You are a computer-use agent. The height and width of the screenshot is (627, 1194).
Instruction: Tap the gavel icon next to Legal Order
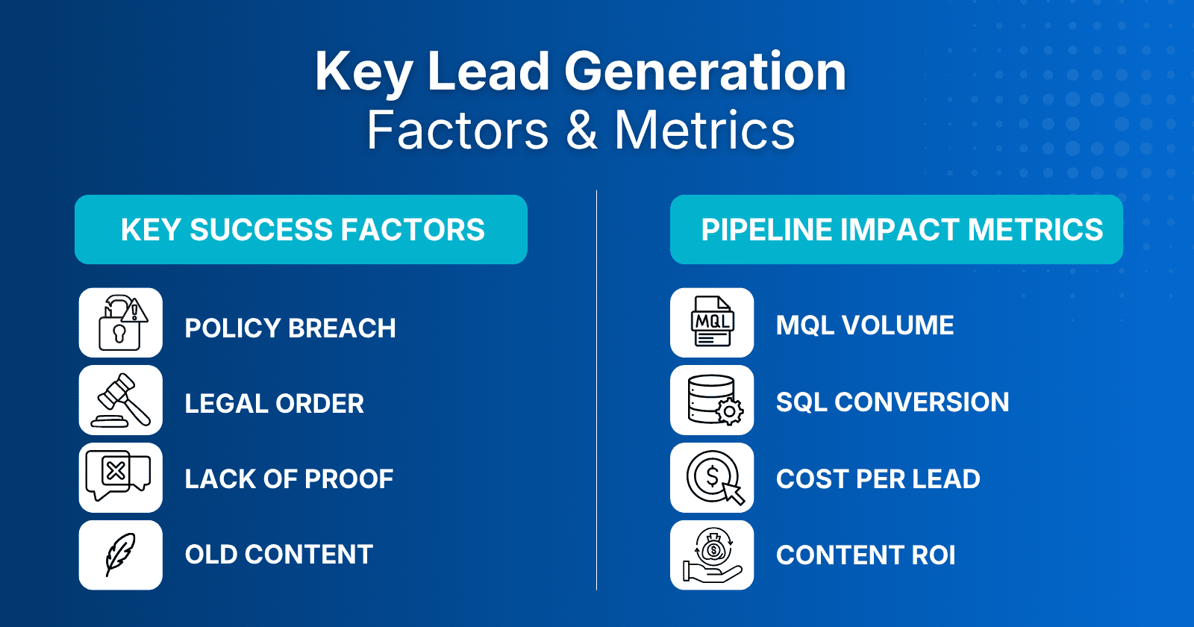[x=120, y=400]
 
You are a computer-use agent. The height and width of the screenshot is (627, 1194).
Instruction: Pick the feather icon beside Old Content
[x=120, y=555]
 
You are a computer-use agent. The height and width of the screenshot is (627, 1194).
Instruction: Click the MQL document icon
[x=712, y=322]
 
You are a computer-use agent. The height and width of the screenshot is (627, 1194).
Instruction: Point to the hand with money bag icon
[x=712, y=555]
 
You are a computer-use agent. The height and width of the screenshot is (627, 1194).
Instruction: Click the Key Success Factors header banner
[x=301, y=229]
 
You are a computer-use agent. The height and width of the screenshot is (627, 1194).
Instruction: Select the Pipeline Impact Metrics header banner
[x=896, y=229]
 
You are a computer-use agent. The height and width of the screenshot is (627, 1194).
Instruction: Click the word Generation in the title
[x=705, y=72]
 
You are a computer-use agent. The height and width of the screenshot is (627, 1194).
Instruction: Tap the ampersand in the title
[x=581, y=130]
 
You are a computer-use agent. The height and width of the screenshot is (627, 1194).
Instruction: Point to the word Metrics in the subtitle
[x=704, y=130]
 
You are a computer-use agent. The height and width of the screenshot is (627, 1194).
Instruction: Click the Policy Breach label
[x=290, y=328]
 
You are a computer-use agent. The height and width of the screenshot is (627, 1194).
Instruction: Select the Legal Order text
[x=275, y=404]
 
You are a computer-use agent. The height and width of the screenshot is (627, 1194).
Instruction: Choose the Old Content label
[x=279, y=555]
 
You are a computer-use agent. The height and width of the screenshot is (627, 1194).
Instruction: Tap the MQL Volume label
[x=865, y=325]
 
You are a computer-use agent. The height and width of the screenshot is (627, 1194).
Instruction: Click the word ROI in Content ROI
[x=934, y=555]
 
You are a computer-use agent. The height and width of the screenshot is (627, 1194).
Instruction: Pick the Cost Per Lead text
[x=878, y=478]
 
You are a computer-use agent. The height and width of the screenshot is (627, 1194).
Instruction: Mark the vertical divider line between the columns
[x=596, y=390]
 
